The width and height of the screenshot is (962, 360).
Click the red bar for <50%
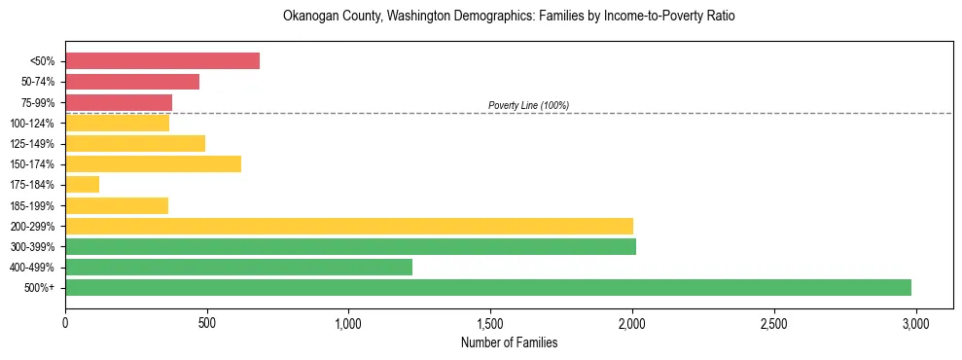pos(162,61)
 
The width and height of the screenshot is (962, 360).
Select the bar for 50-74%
pos(132,82)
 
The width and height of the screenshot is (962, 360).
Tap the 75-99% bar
pos(119,102)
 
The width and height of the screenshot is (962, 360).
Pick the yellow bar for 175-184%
pos(83,184)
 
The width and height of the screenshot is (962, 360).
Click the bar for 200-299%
pos(349,226)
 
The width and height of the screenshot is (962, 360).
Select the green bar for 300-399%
pos(350,246)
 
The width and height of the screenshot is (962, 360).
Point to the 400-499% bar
pos(238,267)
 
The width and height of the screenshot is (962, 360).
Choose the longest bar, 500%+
pos(488,287)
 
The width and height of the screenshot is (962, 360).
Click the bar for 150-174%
pos(153,163)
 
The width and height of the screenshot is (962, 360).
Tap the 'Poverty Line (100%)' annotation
pos(528,105)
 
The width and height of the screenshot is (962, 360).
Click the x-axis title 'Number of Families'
pos(510,342)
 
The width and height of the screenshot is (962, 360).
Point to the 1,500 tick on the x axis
pos(490,322)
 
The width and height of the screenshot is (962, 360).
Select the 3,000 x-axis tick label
pos(915,322)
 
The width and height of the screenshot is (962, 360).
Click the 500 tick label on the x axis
pos(207,322)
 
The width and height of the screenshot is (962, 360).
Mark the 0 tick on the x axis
pos(65,322)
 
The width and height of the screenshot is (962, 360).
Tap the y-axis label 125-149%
pos(32,144)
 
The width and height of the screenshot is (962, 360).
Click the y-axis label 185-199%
pos(32,205)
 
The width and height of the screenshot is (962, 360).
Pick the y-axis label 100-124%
pos(32,124)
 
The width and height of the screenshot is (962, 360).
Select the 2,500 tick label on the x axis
pos(773,322)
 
